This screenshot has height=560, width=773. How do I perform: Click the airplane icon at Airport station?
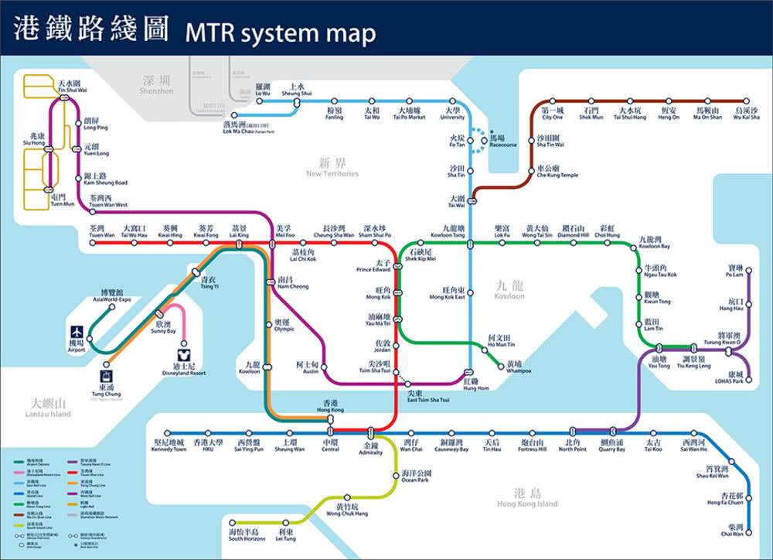pyautogui.click(x=77, y=329)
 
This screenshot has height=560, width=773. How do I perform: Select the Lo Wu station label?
pyautogui.click(x=264, y=90)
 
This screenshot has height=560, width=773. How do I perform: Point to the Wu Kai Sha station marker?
pyautogui.click(x=746, y=101)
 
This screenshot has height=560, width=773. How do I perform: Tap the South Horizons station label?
pyautogui.click(x=245, y=535)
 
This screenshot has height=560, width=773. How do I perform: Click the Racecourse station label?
pyautogui.click(x=502, y=140)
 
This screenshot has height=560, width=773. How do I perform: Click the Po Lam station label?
pyautogui.click(x=735, y=271)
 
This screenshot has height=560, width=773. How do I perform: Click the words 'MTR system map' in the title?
pyautogui.click(x=281, y=33)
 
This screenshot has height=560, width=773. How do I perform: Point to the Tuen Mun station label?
pyautogui.click(x=63, y=200)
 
